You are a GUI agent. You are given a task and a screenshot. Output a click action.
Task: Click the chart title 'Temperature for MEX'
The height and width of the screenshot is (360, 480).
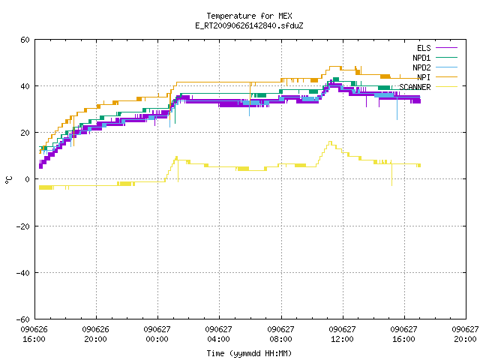click(x=249, y=16)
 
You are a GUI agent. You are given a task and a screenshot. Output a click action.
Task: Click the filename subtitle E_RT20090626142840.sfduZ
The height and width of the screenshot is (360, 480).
click(x=249, y=25)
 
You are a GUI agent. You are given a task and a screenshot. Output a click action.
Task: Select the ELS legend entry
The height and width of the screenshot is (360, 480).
click(x=437, y=48)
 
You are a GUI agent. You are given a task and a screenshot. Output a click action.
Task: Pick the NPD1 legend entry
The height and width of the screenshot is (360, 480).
click(x=435, y=58)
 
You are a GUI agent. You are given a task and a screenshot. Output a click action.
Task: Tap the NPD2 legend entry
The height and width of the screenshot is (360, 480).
click(x=435, y=67)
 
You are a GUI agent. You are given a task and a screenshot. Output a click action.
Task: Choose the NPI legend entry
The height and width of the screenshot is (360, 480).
click(x=437, y=77)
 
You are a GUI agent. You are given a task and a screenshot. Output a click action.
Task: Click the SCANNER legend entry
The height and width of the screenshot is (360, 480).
click(x=428, y=87)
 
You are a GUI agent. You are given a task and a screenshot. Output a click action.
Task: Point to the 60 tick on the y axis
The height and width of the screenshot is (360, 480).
click(x=25, y=40)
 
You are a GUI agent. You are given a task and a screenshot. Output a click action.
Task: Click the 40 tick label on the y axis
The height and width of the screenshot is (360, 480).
click(x=25, y=86)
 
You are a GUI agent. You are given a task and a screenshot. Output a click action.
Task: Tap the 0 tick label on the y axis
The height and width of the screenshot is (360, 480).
click(x=28, y=179)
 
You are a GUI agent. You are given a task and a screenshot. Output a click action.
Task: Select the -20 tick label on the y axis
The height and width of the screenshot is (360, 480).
click(x=23, y=226)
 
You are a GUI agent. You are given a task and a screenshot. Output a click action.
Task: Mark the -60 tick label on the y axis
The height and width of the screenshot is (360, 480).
click(x=23, y=319)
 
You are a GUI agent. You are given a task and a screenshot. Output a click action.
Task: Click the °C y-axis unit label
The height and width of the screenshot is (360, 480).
click(x=8, y=180)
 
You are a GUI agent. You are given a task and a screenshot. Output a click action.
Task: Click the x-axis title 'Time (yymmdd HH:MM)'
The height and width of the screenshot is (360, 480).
click(x=249, y=353)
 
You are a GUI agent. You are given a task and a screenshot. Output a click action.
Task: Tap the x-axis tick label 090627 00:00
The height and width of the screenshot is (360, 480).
click(x=157, y=334)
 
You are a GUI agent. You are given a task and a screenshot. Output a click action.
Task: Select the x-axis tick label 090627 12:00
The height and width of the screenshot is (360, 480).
click(x=342, y=334)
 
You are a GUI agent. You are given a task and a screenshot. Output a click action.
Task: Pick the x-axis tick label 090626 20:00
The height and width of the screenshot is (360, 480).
click(x=96, y=334)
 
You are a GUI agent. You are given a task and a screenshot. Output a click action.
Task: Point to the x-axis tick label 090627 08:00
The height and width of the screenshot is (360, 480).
click(x=280, y=334)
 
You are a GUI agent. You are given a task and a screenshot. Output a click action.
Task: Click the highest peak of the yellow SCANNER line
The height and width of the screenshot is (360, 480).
click(x=330, y=142)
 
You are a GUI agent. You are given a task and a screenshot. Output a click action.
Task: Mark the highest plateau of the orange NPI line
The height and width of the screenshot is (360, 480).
click(x=335, y=67)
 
